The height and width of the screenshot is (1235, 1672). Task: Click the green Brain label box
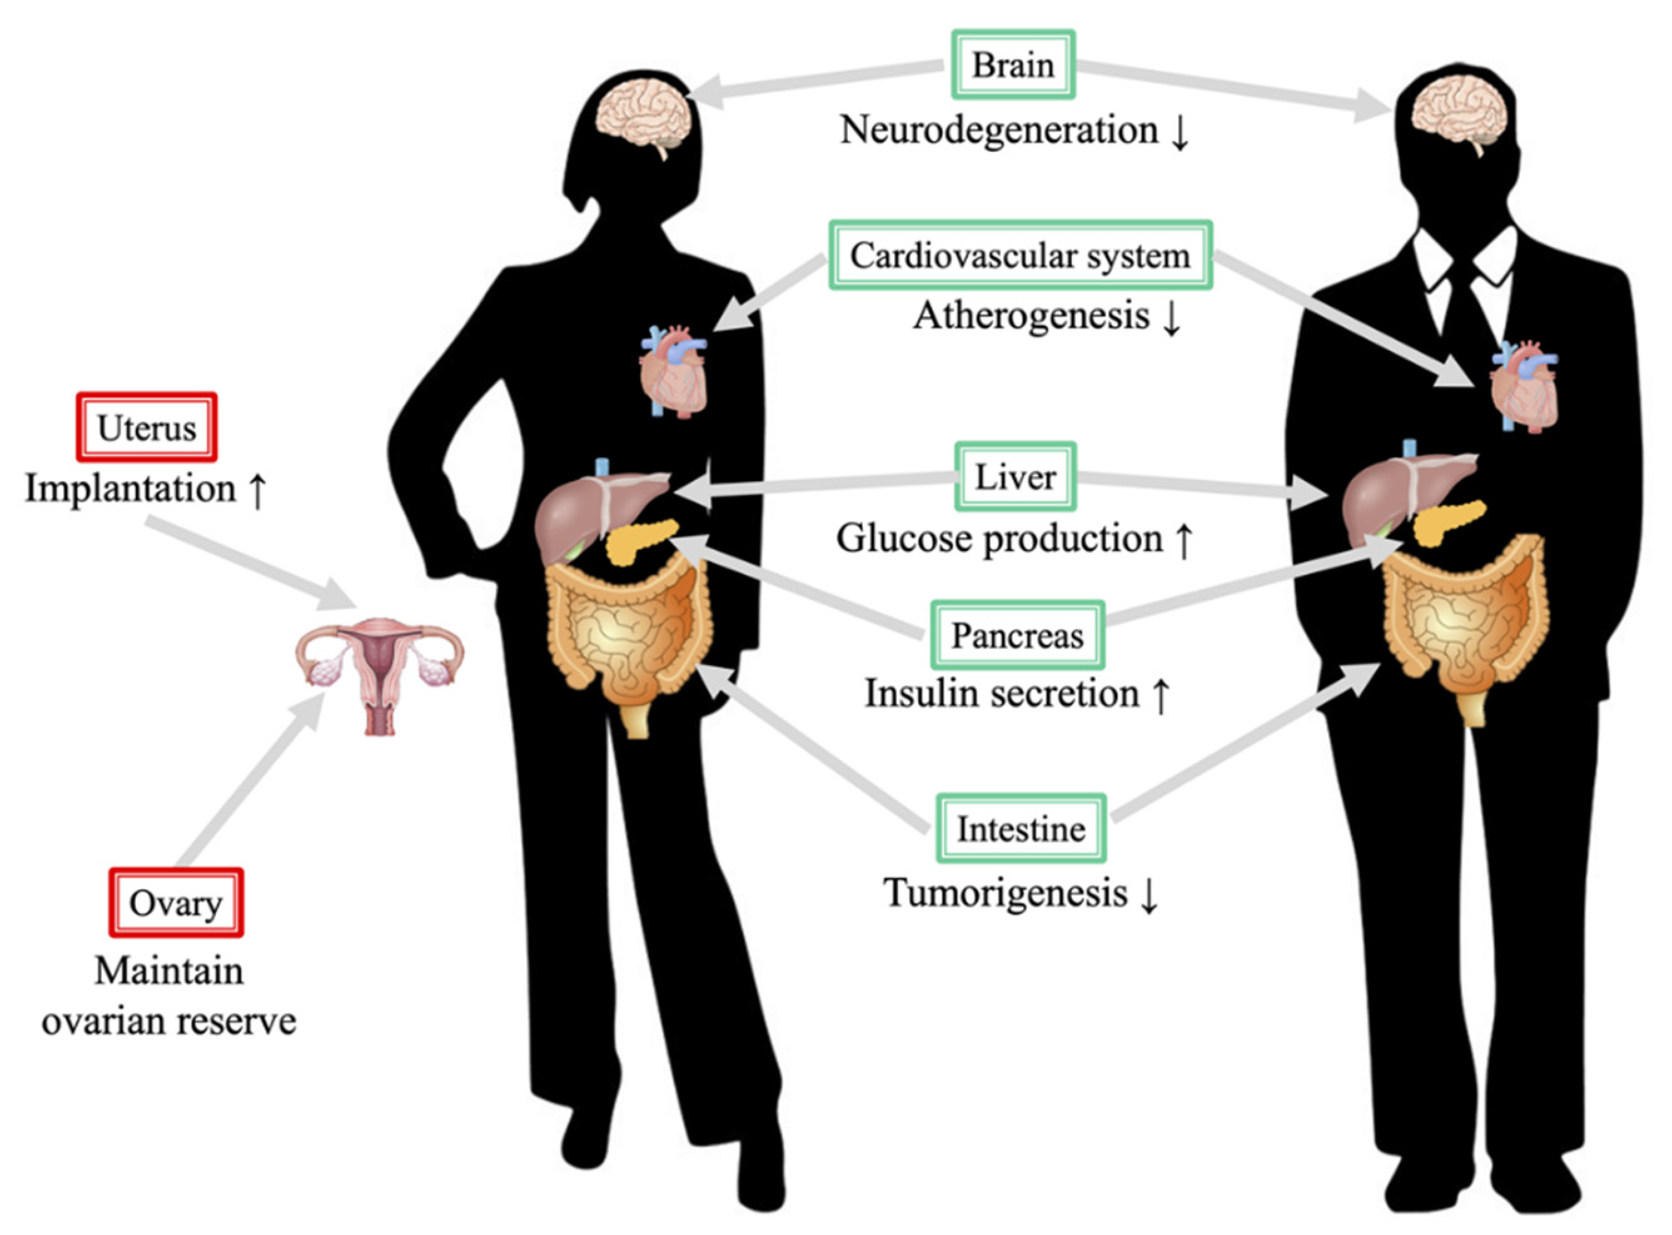coord(1012,65)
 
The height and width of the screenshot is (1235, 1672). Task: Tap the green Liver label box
coord(1016,477)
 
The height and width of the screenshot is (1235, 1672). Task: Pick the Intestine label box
coord(1021,829)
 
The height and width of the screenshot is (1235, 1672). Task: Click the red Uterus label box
coord(146,427)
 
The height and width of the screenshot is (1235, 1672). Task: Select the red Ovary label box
coord(176,903)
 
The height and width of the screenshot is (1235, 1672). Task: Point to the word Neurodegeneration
coord(999,130)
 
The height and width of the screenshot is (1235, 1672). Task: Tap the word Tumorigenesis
coord(1006,893)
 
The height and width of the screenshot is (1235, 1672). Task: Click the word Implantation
coord(131,489)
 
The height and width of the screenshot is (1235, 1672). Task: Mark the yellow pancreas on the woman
coord(640,541)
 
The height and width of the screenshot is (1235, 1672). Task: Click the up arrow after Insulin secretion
coord(1161,695)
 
